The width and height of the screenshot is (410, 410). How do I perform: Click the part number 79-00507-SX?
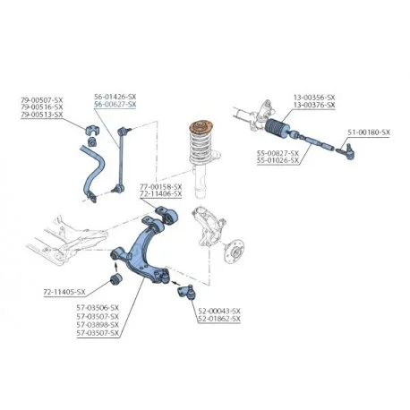click(42, 99)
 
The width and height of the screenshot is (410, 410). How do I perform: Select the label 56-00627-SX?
click(115, 104)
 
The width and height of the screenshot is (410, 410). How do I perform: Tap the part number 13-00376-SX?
click(314, 105)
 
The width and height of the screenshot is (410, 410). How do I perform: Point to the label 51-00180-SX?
click(369, 132)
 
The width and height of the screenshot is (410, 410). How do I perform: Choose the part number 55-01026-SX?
click(278, 160)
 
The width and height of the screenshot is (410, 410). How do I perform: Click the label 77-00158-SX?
click(161, 186)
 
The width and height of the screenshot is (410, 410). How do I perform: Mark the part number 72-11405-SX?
click(64, 292)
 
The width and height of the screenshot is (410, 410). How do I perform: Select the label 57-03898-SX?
click(98, 324)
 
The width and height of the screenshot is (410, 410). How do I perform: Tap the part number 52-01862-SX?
click(219, 319)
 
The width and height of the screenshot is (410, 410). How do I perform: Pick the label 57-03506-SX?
click(98, 308)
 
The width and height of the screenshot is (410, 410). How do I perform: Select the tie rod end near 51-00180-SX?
click(348, 151)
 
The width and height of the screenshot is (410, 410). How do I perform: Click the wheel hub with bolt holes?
click(235, 252)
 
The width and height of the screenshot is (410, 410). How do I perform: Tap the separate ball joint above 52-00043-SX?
click(186, 292)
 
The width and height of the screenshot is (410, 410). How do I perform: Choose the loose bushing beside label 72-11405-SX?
click(116, 278)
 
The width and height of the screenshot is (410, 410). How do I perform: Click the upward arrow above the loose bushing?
click(116, 266)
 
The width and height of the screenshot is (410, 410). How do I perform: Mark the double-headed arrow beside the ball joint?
click(175, 282)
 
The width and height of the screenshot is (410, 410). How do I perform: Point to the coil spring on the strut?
click(201, 146)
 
